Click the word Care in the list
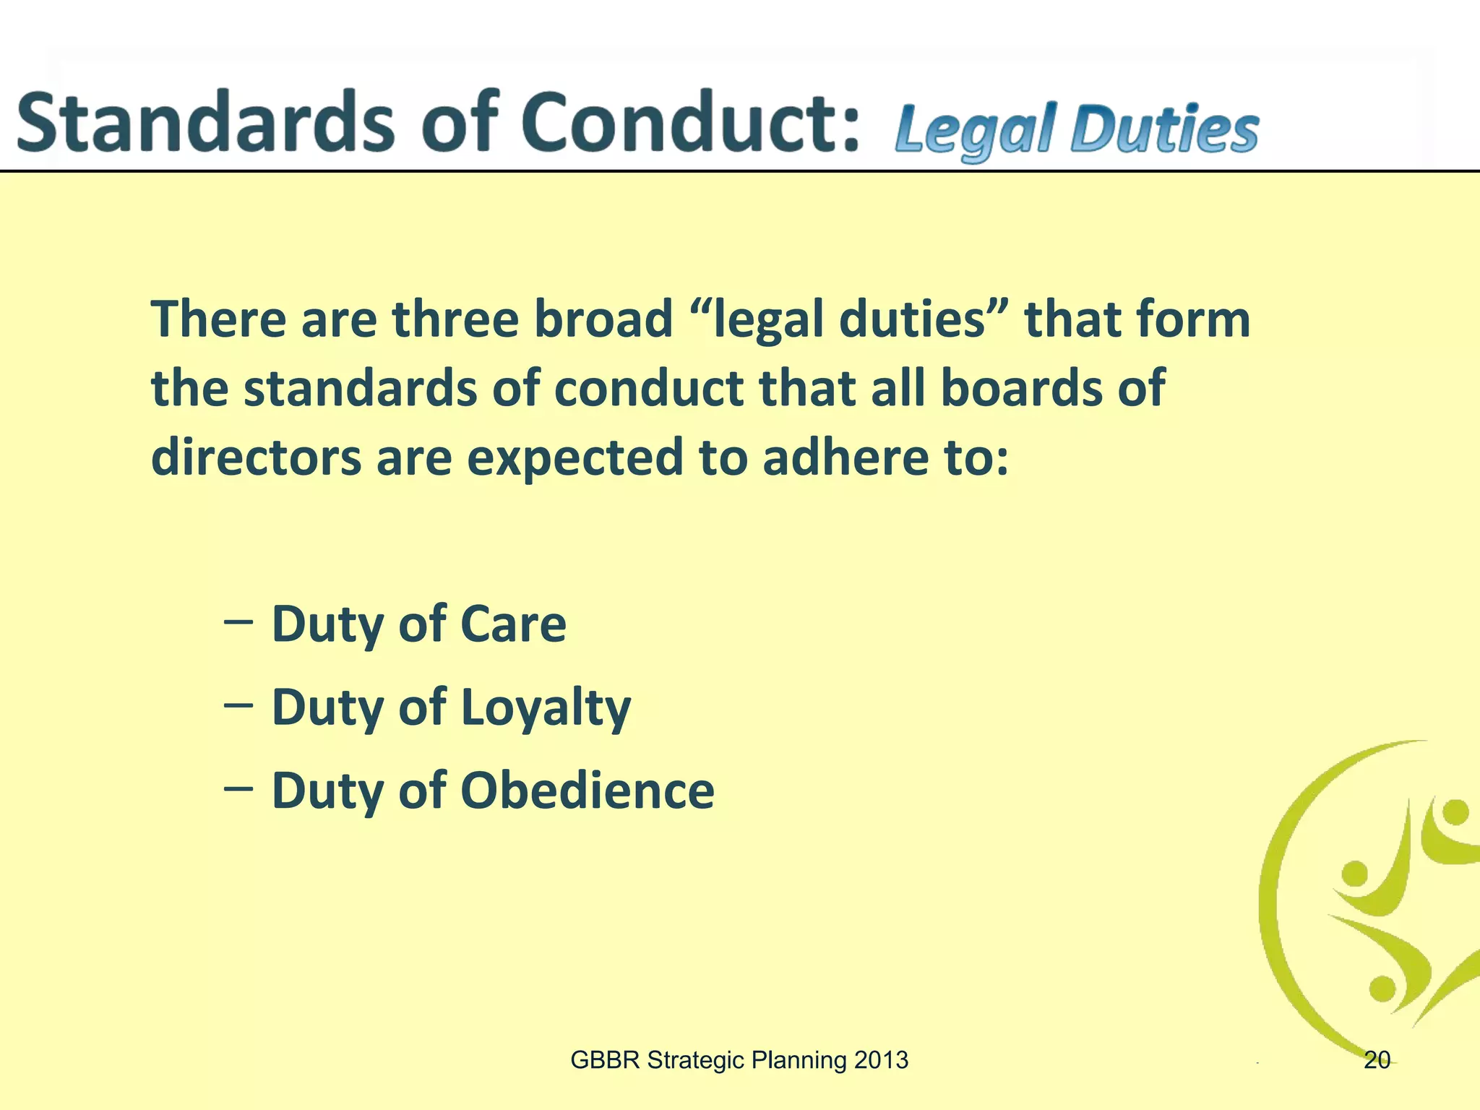pos(513,624)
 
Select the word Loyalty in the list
pos(546,708)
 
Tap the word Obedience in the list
pos(587,791)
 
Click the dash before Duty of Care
pos(238,621)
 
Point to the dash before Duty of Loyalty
pos(238,705)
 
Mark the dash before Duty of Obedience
pos(238,788)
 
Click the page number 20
pos(1377,1060)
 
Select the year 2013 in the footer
pos(880,1060)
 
